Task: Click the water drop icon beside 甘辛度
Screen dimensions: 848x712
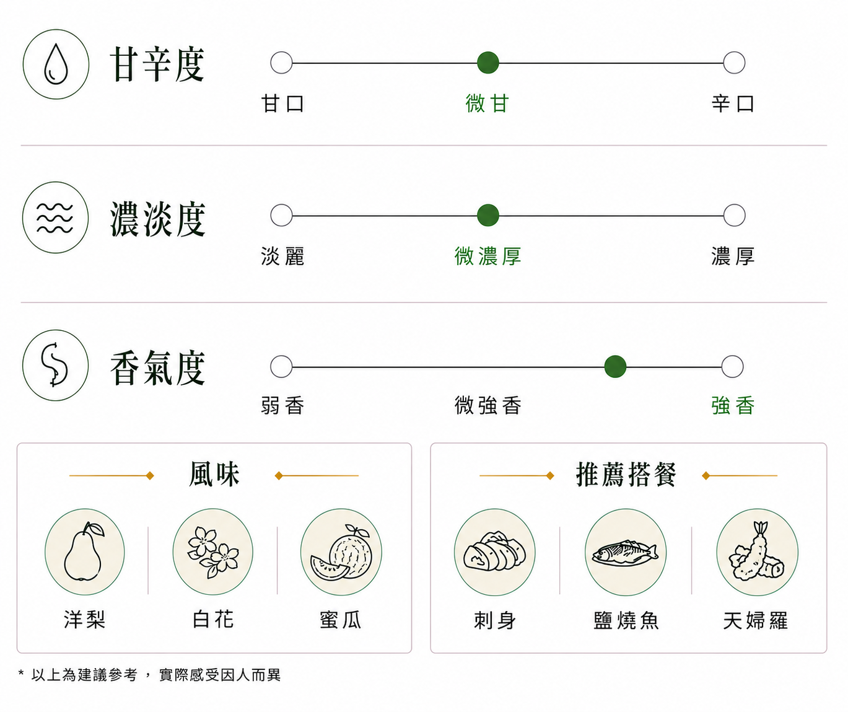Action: click(x=56, y=64)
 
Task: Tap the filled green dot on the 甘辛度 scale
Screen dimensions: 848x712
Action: click(x=487, y=63)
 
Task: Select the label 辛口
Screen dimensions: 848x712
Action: click(x=733, y=103)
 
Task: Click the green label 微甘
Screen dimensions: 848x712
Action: click(x=487, y=103)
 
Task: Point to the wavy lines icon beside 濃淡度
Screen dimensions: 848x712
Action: click(x=55, y=218)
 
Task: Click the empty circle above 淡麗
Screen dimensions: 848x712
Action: click(x=281, y=215)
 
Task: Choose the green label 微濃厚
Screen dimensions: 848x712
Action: click(x=487, y=256)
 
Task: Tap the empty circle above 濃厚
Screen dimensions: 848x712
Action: click(x=734, y=215)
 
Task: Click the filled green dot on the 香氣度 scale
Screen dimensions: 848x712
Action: click(x=615, y=367)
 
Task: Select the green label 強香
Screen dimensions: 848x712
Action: click(x=733, y=405)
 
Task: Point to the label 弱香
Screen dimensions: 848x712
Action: click(x=282, y=405)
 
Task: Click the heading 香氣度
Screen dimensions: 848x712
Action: click(x=157, y=368)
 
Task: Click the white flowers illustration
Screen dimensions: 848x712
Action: click(x=213, y=552)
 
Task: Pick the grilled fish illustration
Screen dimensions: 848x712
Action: click(x=626, y=553)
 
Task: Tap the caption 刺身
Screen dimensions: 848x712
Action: click(x=495, y=620)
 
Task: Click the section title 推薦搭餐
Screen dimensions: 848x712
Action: click(x=626, y=474)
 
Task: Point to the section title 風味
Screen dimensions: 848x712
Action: click(x=214, y=474)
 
